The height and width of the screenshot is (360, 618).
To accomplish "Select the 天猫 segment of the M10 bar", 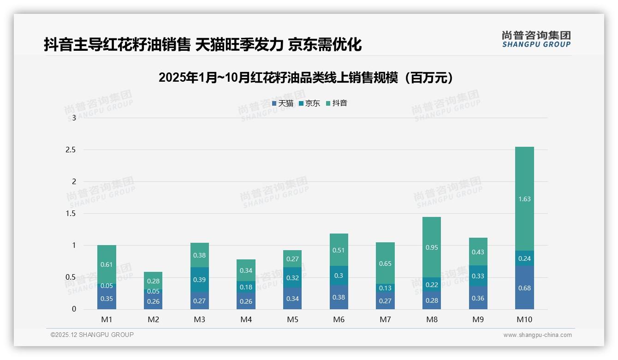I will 524,288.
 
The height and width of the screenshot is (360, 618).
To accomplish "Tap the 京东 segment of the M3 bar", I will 200,280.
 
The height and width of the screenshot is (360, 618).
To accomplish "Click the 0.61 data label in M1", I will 107,264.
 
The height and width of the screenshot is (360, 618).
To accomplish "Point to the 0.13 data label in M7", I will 385,288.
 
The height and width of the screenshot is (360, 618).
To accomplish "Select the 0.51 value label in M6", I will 339,250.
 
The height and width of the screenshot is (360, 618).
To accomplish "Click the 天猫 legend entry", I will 283,103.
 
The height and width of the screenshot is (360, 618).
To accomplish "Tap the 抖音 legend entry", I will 337,103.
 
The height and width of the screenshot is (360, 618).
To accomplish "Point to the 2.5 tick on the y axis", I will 71,150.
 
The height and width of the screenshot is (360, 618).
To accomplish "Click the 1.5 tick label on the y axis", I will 71,214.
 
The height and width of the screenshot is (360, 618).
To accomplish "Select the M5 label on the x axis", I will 292,320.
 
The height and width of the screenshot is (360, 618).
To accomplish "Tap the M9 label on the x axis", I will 478,320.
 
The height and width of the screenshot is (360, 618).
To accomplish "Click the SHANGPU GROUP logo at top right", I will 536,39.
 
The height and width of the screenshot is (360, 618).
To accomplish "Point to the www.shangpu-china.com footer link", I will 537,335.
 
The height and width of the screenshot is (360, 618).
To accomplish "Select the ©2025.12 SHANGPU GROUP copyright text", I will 92,335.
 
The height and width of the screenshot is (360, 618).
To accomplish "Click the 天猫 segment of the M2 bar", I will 153,300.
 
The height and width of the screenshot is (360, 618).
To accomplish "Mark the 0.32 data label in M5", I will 292,278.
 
